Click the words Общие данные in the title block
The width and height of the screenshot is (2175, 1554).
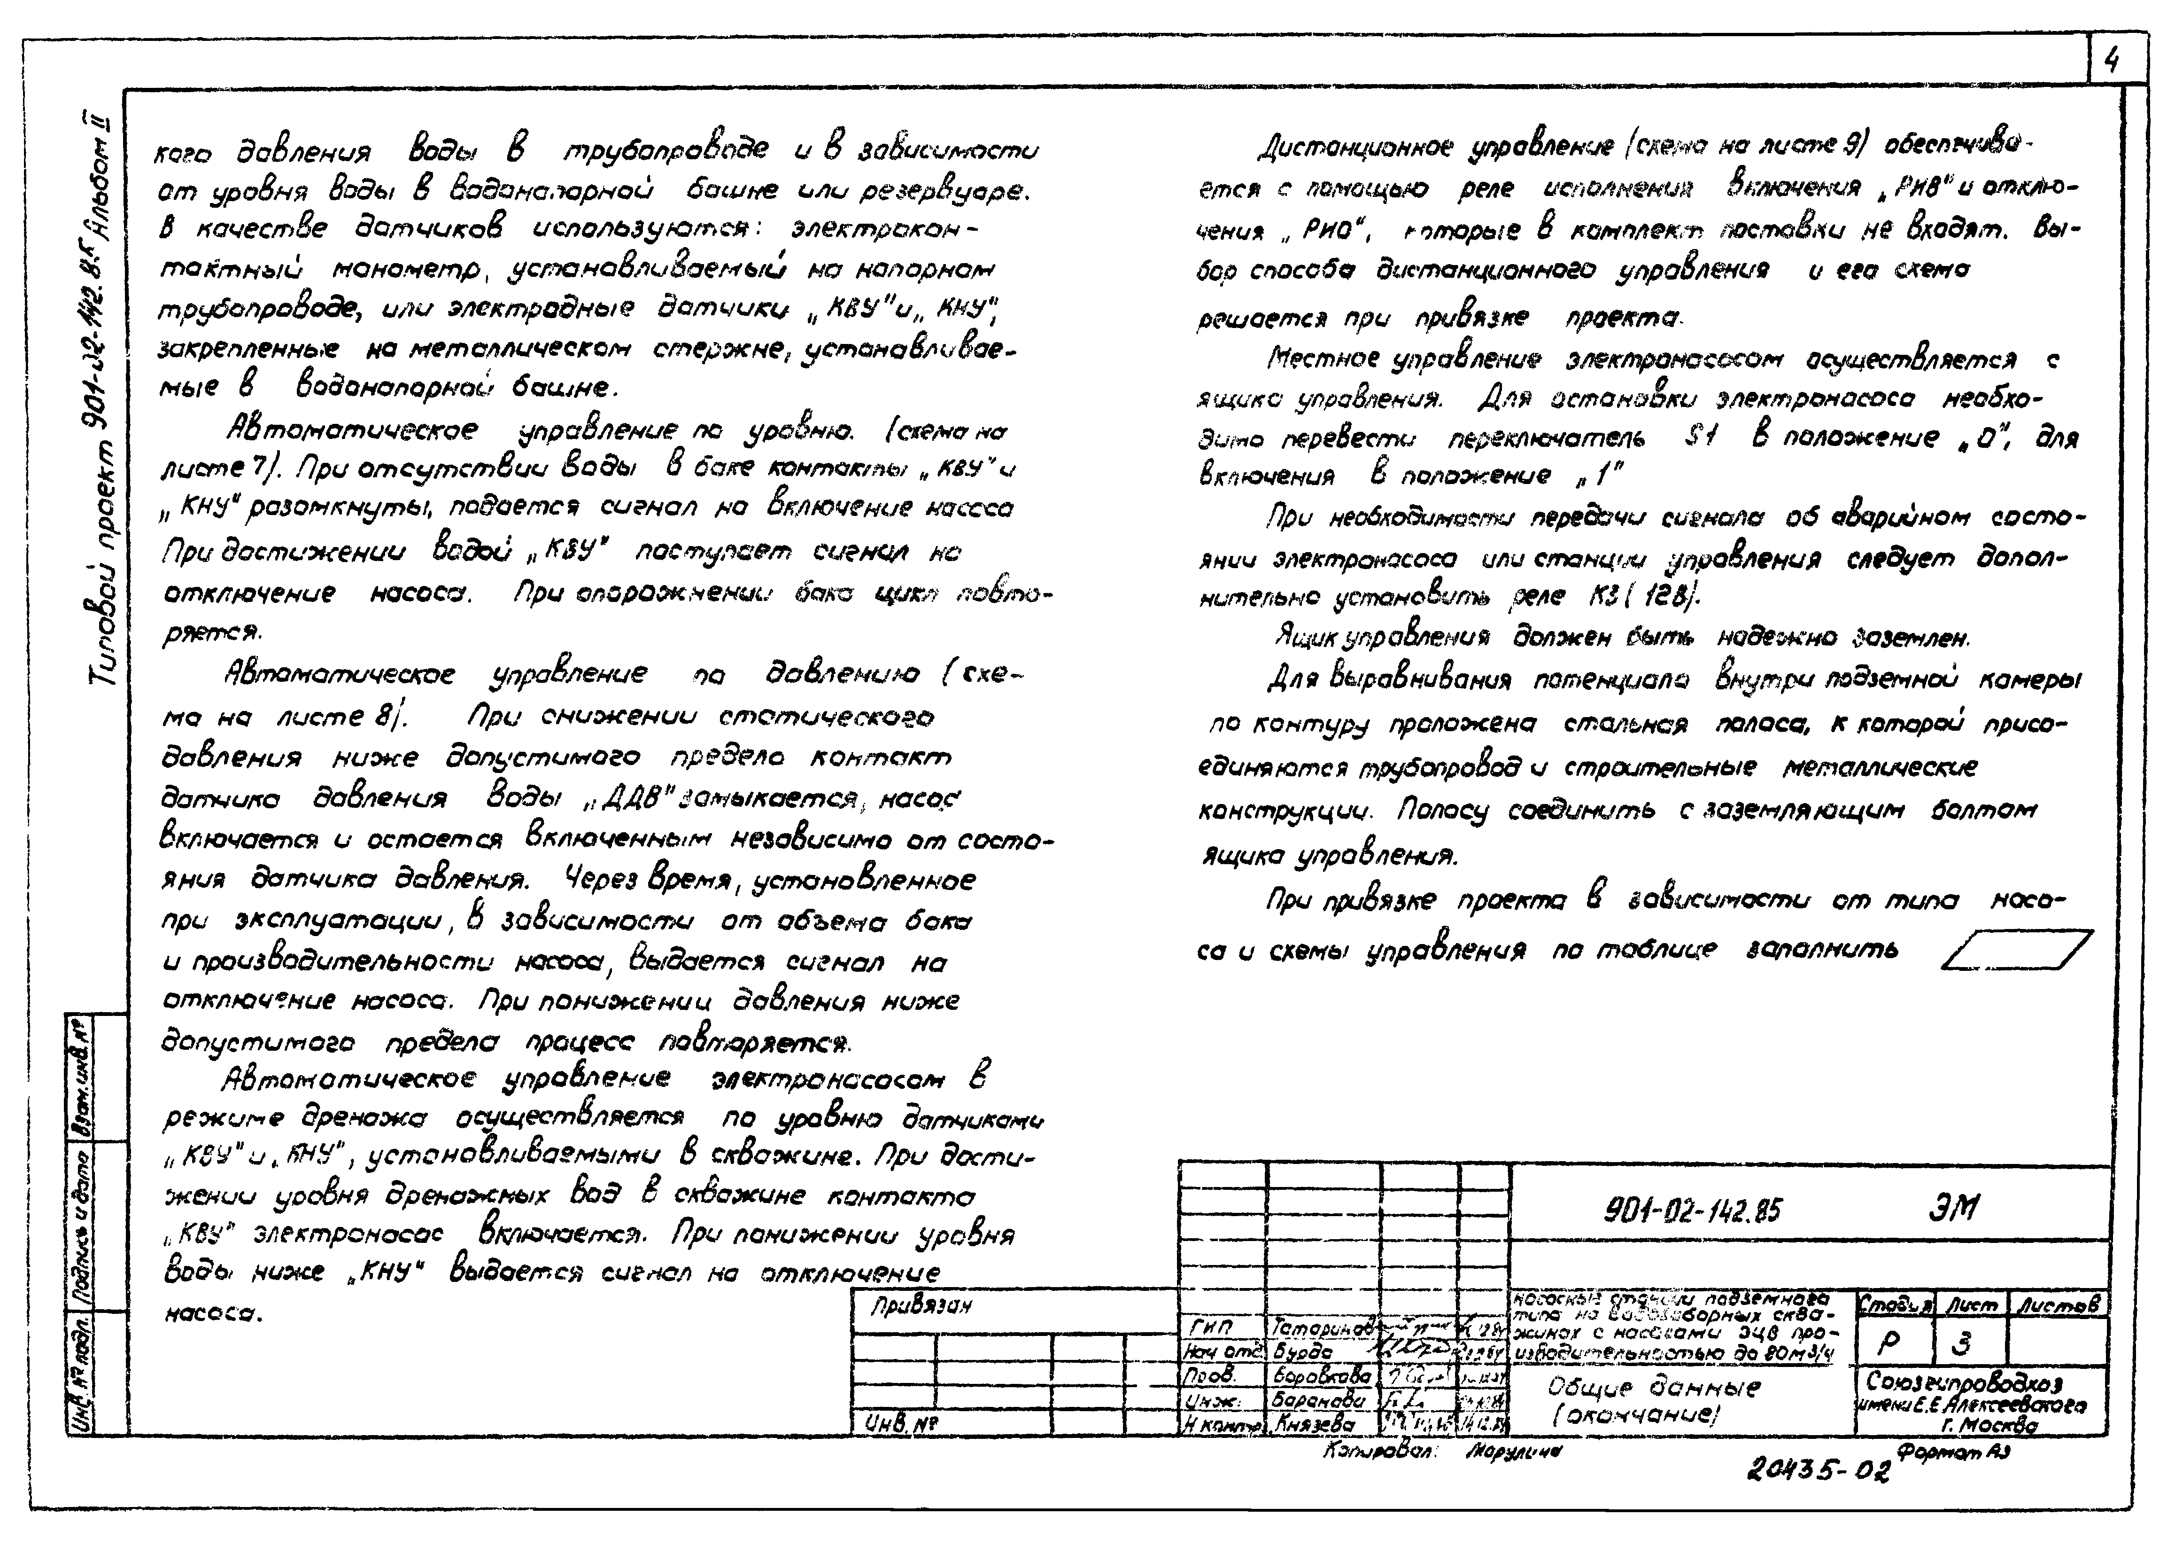pyautogui.click(x=1653, y=1388)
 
